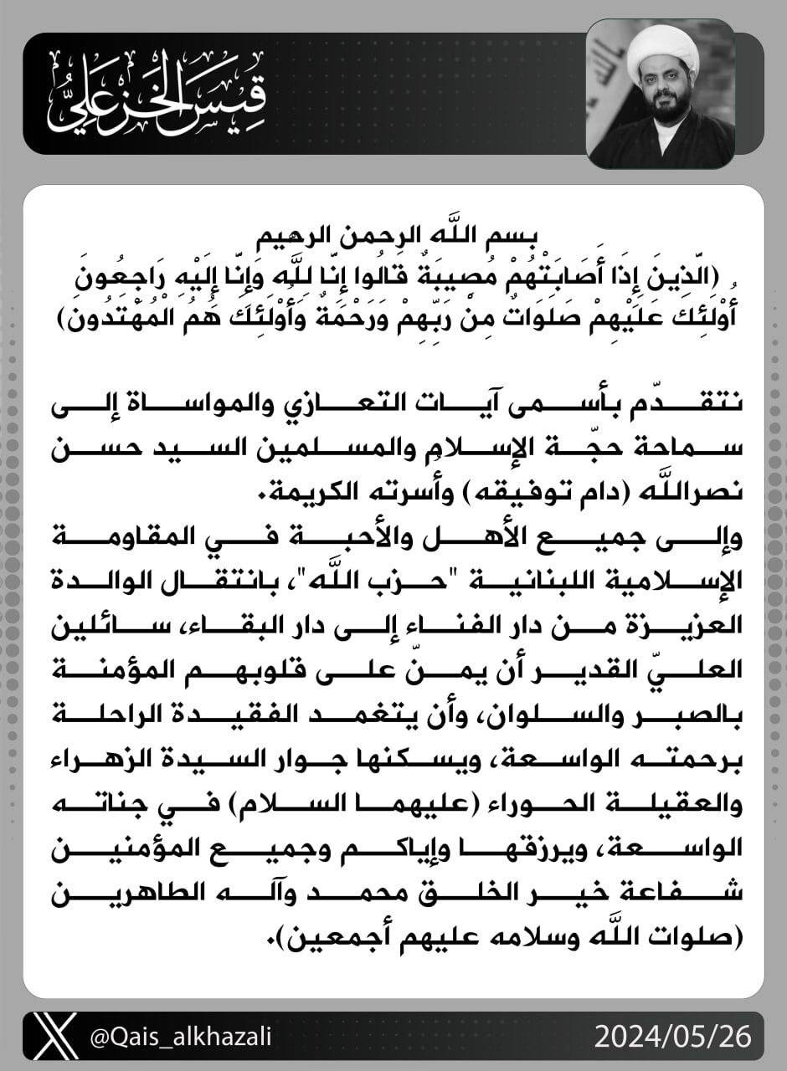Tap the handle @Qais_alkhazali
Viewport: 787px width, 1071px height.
point(180,1038)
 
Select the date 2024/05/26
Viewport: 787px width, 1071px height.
point(673,1038)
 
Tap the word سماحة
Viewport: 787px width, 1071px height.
point(687,452)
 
